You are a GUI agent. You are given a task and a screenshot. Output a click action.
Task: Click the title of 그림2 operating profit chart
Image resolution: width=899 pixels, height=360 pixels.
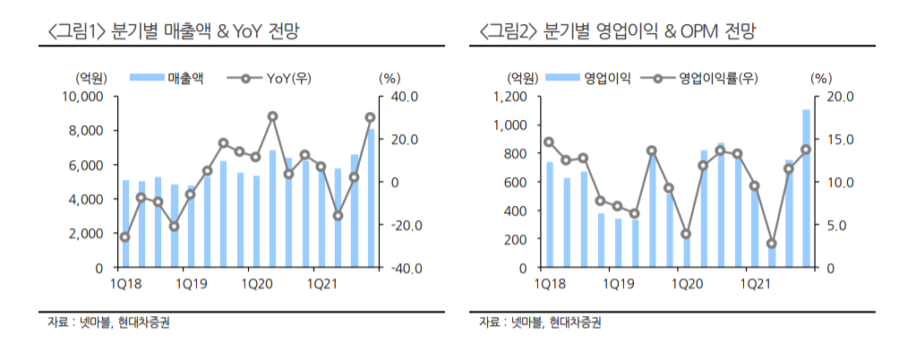coord(618,33)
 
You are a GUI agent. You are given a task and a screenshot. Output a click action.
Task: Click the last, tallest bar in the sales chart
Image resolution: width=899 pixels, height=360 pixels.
coord(371,198)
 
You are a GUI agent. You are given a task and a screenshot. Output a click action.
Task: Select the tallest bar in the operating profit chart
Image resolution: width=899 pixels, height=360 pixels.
coord(806,188)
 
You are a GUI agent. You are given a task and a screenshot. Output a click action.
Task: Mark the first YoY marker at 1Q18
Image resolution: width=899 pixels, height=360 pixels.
coord(124,237)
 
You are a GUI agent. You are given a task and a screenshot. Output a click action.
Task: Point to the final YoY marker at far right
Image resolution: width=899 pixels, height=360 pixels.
coord(370,117)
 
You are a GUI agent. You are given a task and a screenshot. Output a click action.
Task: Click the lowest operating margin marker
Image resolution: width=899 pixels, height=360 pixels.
coord(771,244)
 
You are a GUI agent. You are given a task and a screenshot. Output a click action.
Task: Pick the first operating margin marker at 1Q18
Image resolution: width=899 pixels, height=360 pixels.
coord(549,142)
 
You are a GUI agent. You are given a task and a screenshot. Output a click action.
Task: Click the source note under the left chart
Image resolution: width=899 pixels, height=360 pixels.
coord(108,323)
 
